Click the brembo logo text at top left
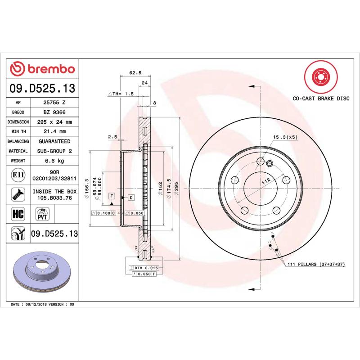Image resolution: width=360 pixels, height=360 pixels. [47, 69]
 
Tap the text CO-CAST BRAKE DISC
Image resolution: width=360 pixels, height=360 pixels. [320, 98]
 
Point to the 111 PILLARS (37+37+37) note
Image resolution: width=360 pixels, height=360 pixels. [315, 265]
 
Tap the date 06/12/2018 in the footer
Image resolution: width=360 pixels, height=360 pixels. [37, 305]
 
